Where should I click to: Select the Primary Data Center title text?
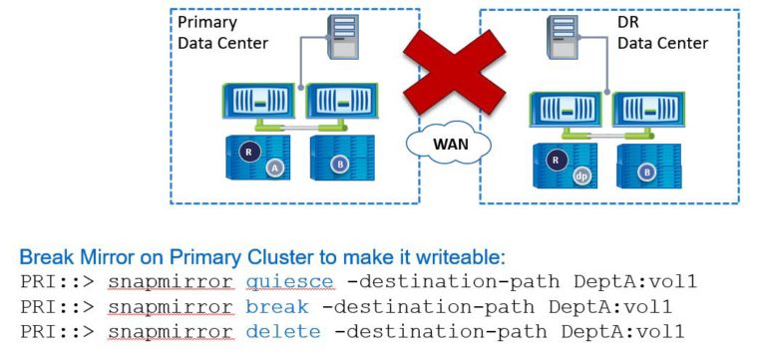coord(215,32)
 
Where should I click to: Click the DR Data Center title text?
coord(662,32)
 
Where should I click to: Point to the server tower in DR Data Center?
coord(562,43)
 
